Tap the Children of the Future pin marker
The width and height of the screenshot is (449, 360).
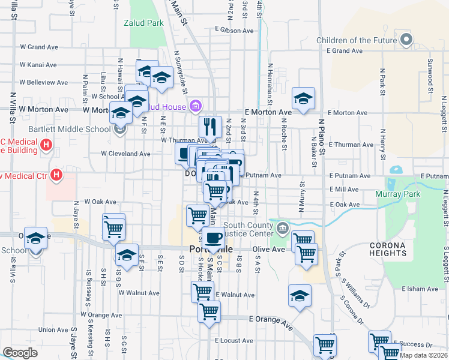(406, 40)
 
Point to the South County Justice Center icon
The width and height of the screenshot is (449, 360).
(283, 227)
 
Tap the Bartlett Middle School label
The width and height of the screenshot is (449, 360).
(68, 129)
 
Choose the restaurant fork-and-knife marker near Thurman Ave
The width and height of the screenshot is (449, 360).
(210, 126)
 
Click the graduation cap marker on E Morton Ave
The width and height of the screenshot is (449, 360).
(303, 98)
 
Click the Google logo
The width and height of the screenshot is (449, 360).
(20, 353)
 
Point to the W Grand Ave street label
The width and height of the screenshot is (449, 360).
(40, 46)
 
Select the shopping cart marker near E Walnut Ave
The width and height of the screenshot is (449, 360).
(202, 292)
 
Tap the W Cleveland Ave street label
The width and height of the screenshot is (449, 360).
(125, 154)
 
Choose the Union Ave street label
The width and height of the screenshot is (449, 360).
(53, 329)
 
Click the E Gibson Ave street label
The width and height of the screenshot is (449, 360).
(235, 30)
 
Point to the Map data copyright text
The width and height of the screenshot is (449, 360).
(424, 355)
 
